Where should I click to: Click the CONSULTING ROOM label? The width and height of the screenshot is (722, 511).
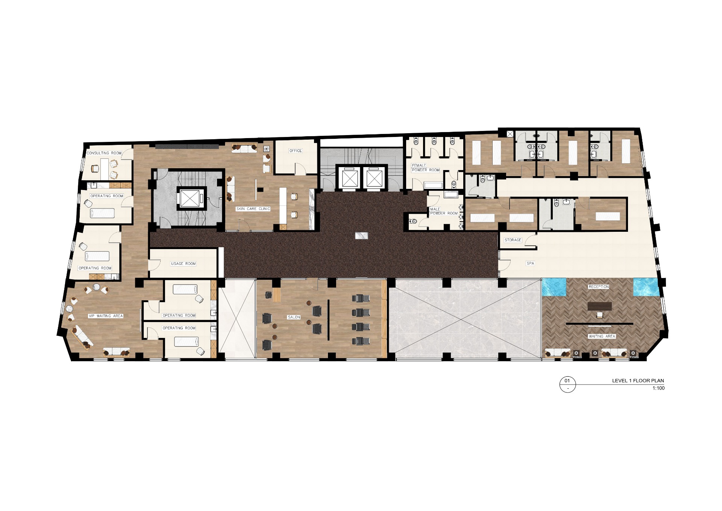click(x=104, y=153)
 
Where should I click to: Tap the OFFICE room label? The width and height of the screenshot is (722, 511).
click(x=296, y=151)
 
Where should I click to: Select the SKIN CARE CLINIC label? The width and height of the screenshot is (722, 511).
click(x=253, y=209)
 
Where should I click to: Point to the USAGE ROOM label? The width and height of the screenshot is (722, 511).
click(x=184, y=264)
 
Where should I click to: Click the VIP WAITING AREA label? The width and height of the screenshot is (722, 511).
click(x=106, y=316)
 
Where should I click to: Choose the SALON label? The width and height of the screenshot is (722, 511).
click(x=294, y=317)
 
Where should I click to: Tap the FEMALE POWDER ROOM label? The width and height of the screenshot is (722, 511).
click(x=426, y=168)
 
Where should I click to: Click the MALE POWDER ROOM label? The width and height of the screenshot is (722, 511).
click(x=444, y=211)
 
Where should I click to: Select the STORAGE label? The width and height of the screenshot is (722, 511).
click(x=513, y=240)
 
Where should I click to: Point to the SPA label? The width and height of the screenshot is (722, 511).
click(x=530, y=263)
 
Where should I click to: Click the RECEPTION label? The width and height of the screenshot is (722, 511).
click(x=599, y=287)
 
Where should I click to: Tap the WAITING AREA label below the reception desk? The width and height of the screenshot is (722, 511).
click(x=602, y=336)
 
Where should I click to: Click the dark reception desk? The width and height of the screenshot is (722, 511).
click(x=599, y=306)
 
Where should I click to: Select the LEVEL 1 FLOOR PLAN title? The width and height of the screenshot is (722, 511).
click(x=638, y=380)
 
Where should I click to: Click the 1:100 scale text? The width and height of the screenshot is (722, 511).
click(x=658, y=388)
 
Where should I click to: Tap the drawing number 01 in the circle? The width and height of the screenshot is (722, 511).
click(x=567, y=381)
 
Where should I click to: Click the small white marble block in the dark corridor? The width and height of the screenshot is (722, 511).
click(x=361, y=236)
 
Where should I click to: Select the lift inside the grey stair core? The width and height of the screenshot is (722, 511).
click(x=191, y=198)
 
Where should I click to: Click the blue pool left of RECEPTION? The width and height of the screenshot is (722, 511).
click(x=554, y=287)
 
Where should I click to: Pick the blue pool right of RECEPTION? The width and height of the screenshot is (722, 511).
click(x=646, y=287)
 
